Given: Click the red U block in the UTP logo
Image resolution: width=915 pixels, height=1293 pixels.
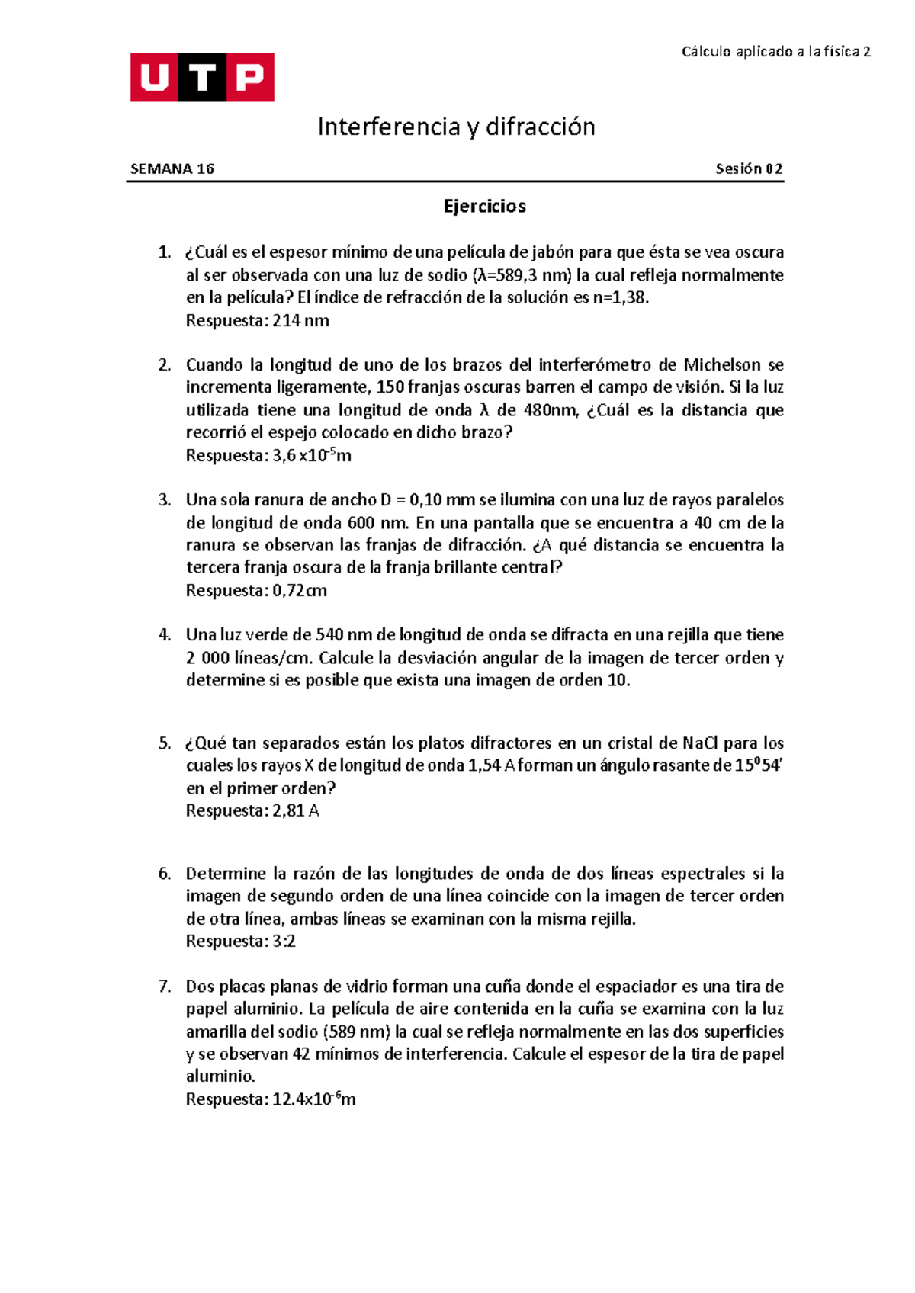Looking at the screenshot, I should tap(154, 77).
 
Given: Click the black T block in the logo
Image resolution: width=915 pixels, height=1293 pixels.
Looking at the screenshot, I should tap(202, 77).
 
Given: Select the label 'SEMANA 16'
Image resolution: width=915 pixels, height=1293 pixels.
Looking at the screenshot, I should tap(172, 169).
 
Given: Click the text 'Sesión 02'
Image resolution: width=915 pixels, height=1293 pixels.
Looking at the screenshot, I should tap(749, 169).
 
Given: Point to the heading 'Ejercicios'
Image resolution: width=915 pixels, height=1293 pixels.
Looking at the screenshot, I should tap(484, 207).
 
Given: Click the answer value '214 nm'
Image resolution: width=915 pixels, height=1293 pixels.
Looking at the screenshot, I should tap(300, 321).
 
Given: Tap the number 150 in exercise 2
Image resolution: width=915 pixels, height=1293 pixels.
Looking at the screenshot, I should tap(390, 387).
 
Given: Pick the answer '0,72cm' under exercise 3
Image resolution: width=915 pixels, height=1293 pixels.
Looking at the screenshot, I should tap(300, 591).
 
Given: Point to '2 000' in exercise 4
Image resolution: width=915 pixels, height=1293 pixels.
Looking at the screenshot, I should tap(207, 658).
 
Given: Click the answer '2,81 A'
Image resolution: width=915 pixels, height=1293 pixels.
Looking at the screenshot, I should tap(295, 811).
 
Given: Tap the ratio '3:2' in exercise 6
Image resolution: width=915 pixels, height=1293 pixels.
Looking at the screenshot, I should tap(284, 942).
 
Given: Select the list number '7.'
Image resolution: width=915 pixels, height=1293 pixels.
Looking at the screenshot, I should tap(165, 987).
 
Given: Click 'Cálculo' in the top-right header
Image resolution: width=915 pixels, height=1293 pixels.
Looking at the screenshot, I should tap(705, 52).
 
